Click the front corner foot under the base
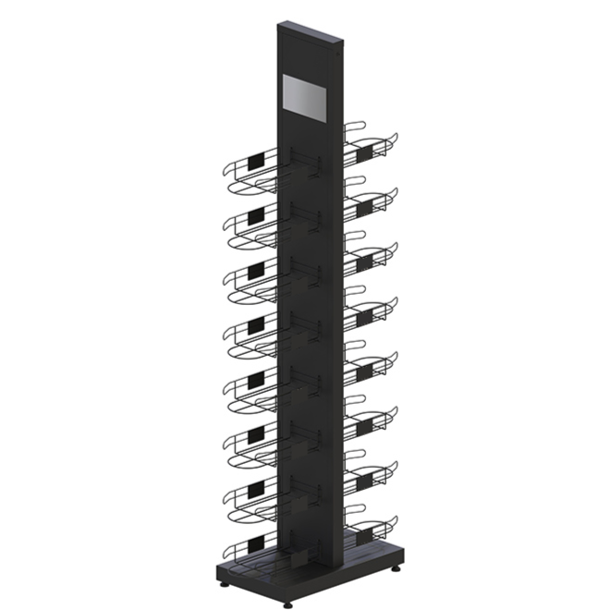pos(287,604)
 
